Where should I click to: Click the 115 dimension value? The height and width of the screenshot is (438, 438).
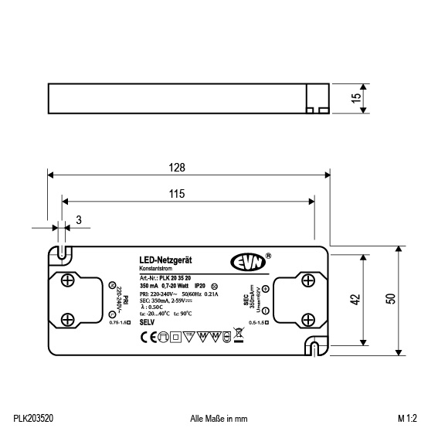pyautogui.click(x=177, y=195)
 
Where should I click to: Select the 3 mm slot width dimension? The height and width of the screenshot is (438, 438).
pyautogui.click(x=79, y=221)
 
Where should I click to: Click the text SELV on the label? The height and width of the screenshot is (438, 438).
pyautogui.click(x=148, y=321)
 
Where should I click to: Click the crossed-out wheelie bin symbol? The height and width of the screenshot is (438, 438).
pyautogui.click(x=227, y=336)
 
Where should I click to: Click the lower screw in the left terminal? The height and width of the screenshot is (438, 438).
pyautogui.click(x=67, y=317)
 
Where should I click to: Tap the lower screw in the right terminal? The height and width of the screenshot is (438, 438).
pyautogui.click(x=307, y=317)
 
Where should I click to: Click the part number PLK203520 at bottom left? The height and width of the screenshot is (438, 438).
pyautogui.click(x=33, y=418)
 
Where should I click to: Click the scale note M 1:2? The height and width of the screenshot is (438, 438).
pyautogui.click(x=407, y=418)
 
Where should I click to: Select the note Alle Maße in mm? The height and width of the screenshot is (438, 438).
pyautogui.click(x=219, y=418)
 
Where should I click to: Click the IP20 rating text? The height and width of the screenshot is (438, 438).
pyautogui.click(x=199, y=287)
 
